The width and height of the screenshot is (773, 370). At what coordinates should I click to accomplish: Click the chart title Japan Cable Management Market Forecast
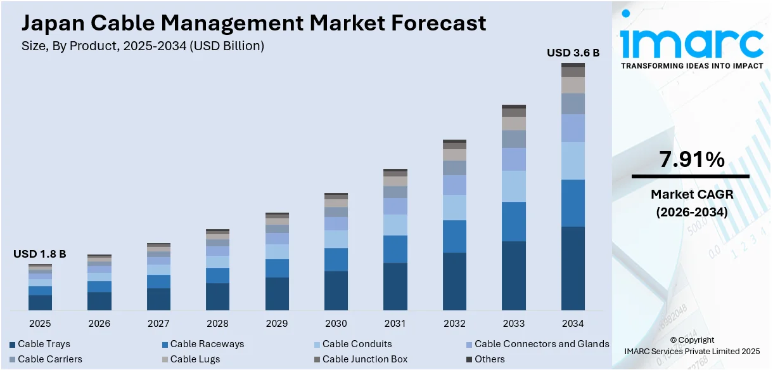[253, 23]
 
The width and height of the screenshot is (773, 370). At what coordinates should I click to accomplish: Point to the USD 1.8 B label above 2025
[40, 254]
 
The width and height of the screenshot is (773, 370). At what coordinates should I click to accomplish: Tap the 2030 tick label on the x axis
[336, 324]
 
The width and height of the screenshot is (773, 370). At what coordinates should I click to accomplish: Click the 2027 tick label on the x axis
[158, 324]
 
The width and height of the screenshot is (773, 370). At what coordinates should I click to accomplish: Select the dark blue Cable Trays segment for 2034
[573, 268]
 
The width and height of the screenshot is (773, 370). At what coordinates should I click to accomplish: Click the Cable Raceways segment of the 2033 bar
[514, 221]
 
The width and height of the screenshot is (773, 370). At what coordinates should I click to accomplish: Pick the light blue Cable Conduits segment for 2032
[454, 208]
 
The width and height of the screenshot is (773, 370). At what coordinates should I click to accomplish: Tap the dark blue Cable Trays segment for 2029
[277, 294]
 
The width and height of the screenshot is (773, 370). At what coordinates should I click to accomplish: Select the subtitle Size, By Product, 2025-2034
[143, 46]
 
